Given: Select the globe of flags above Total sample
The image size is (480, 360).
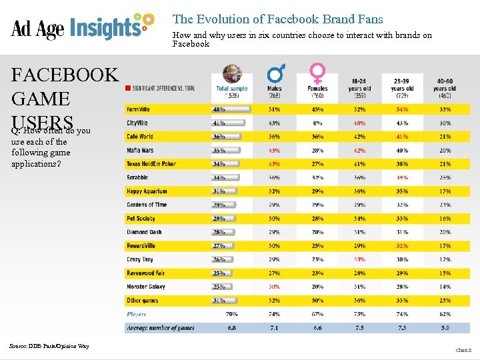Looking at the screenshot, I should tap(231, 73).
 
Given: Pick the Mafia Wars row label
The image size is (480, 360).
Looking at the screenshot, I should tap(140, 151).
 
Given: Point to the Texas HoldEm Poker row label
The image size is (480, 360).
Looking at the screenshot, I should tap(151, 164).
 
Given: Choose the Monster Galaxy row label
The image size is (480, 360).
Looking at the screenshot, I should tap(145, 287).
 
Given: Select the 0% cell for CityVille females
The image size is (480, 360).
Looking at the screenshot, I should tap(317, 123).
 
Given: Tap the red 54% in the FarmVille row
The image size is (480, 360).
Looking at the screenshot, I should tap(402, 109).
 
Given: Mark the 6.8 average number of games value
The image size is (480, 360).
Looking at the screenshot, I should tap(231, 328).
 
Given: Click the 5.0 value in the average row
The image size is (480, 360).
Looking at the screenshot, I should tap(444, 328).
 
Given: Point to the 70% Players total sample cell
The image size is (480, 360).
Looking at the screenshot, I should tap(231, 314).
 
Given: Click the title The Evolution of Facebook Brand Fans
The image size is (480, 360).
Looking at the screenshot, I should tap(277, 19).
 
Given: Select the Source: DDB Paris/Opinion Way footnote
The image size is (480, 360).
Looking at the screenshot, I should tap(49, 345).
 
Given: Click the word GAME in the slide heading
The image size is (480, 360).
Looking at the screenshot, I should tap(41, 99).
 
